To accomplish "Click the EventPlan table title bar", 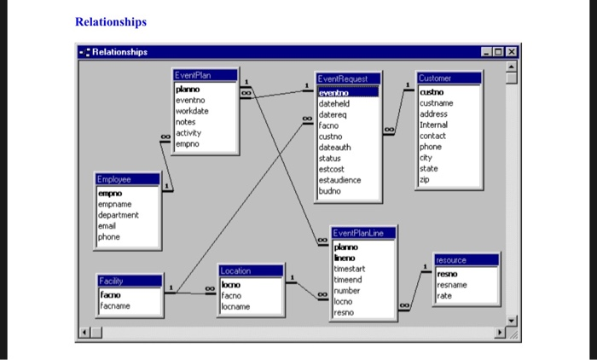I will pyautogui.click(x=204, y=76).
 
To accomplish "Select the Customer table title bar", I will pyautogui.click(x=447, y=78).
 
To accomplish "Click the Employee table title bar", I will pyautogui.click(x=126, y=180).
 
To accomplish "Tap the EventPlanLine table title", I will pyautogui.click(x=363, y=233).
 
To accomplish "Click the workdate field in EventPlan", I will pyautogui.click(x=193, y=111).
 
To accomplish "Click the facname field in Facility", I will pyautogui.click(x=119, y=305).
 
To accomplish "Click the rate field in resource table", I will pyautogui.click(x=444, y=296).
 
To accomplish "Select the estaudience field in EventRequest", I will pyautogui.click(x=340, y=180).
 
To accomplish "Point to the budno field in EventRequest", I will pyautogui.click(x=330, y=191).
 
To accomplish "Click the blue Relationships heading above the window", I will pyautogui.click(x=110, y=21).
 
